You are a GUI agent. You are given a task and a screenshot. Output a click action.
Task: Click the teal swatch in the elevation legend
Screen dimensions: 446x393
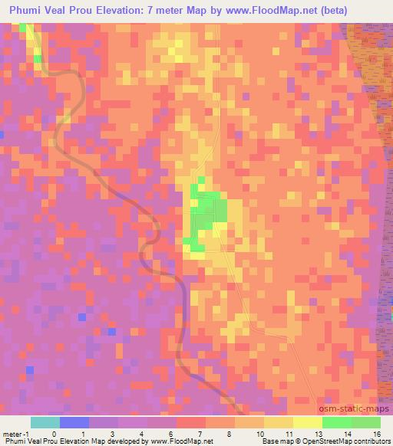coord(45,422)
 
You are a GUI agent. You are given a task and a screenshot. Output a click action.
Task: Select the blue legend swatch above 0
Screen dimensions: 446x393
coord(74,422)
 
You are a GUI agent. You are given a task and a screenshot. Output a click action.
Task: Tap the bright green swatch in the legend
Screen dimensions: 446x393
coord(337,422)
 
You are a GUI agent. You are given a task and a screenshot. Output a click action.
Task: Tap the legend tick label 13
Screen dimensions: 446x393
coord(319,433)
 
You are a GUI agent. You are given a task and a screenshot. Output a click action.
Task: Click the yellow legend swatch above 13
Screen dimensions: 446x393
coord(308,422)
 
